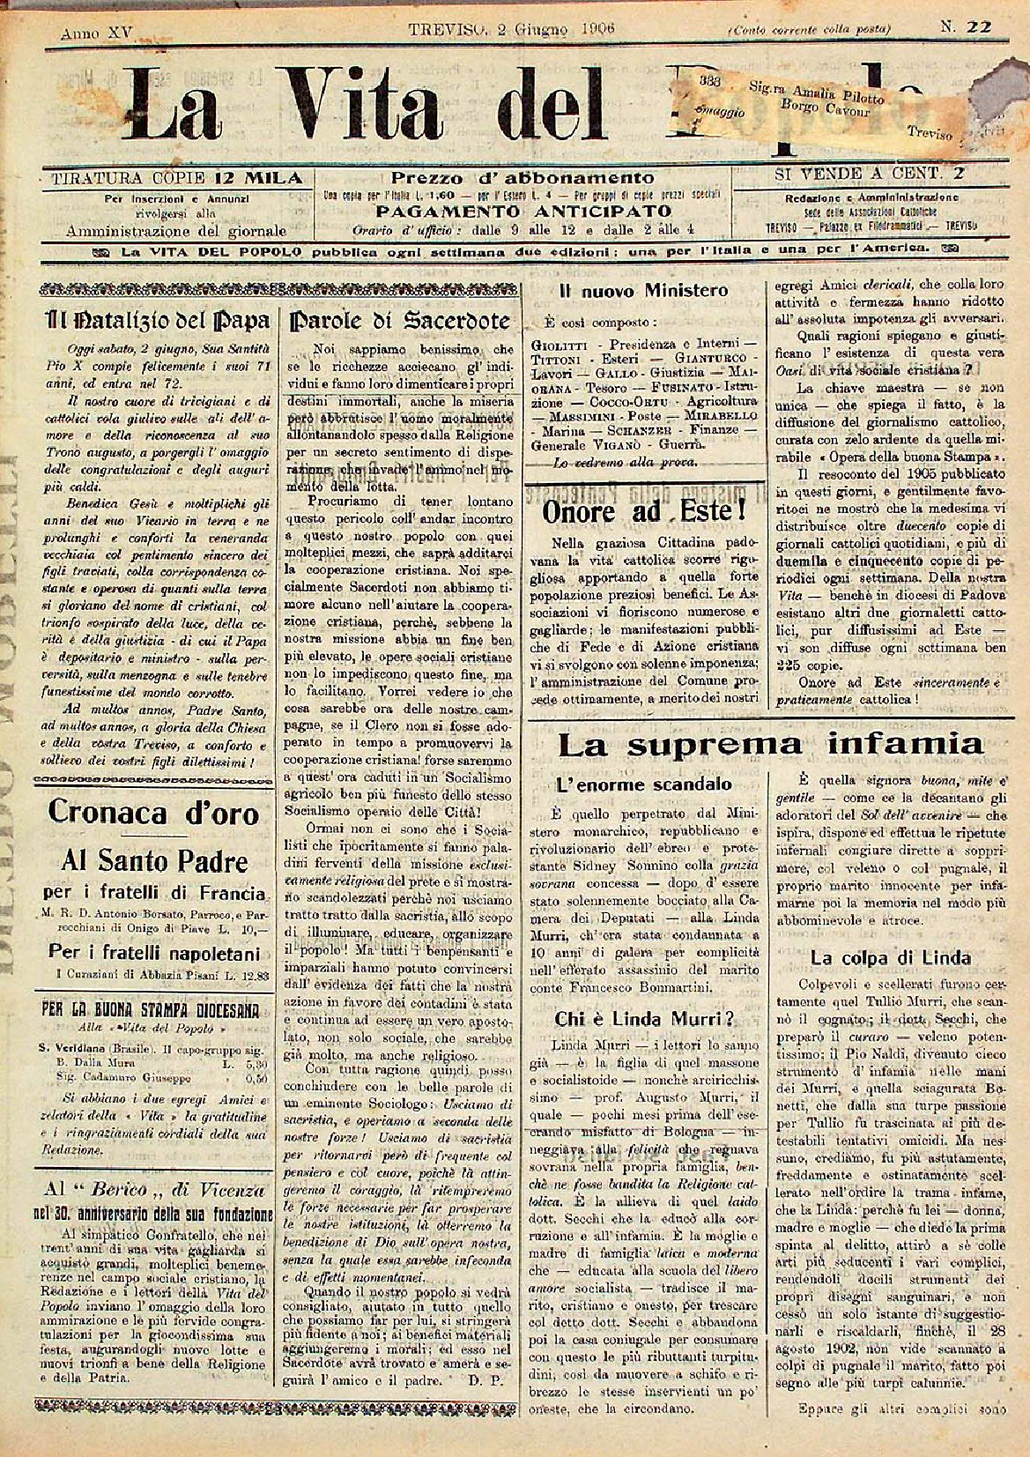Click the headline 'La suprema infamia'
[770, 746]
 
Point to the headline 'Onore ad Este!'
[644, 511]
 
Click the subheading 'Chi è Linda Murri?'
[644, 1019]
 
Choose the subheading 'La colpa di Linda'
[891, 958]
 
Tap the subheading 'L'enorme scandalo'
[644, 784]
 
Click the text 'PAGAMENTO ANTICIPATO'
[523, 212]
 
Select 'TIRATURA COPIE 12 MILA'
[176, 178]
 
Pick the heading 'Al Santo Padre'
[153, 860]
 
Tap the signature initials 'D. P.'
[483, 1379]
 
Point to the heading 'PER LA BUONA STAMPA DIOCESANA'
[153, 1009]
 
